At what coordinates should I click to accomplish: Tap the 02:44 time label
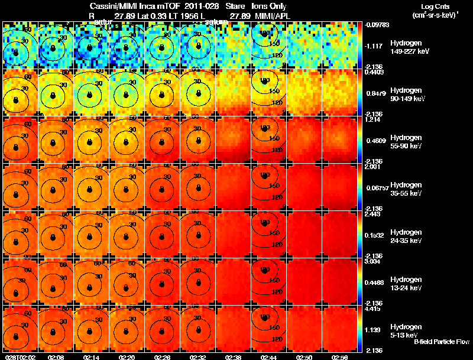tap(268, 357)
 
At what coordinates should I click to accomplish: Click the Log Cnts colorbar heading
tap(435, 6)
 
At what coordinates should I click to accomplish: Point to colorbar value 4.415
tap(372, 308)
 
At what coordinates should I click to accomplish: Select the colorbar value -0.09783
tap(376, 25)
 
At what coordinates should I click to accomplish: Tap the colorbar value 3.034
tap(372, 261)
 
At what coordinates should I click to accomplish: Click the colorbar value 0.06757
tap(375, 189)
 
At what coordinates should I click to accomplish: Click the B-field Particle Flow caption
tap(441, 342)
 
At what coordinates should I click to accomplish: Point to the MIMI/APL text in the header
tap(274, 15)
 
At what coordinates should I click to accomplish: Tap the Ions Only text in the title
tap(270, 6)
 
